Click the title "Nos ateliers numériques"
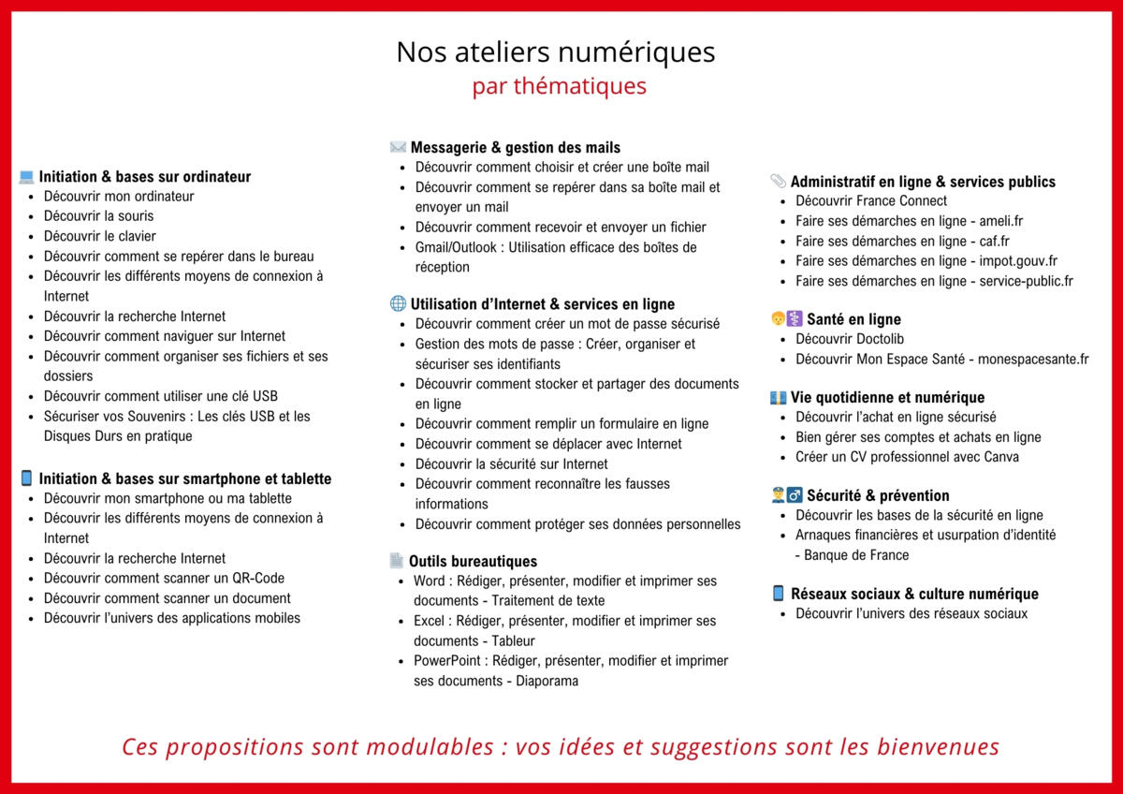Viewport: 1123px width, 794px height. click(555, 51)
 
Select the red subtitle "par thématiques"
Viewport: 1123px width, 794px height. click(559, 86)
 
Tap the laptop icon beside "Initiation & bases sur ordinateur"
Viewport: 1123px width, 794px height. click(26, 177)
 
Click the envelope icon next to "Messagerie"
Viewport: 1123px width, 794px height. click(398, 147)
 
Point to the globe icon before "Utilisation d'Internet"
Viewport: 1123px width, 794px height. click(398, 304)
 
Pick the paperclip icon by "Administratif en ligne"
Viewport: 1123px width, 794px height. click(778, 182)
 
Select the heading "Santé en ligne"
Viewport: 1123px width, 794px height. click(853, 319)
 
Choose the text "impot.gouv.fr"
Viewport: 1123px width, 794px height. click(1017, 261)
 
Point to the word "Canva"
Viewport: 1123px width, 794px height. click(1000, 457)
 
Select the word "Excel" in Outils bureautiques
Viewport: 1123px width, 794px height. click(430, 621)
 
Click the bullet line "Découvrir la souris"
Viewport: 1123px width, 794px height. click(98, 216)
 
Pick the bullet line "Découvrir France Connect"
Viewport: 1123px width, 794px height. click(870, 201)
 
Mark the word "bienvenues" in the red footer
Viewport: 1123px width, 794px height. click(939, 747)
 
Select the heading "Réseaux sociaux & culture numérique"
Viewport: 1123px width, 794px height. click(914, 594)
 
